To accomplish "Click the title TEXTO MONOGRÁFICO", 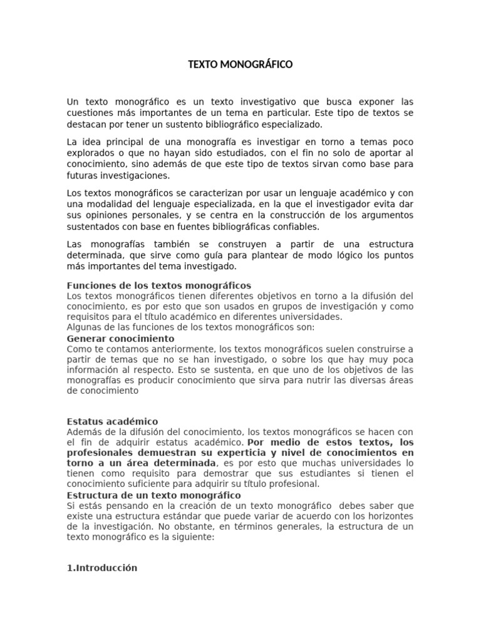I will point(240,64).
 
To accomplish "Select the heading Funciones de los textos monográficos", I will point(158,285).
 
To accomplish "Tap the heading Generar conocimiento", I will point(120,339).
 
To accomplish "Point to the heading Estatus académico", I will point(112,421).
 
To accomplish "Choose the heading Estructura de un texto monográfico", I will point(153,495).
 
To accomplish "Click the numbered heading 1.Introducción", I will point(101,568).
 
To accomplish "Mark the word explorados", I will point(91,153).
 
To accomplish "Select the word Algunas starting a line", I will point(85,327).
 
